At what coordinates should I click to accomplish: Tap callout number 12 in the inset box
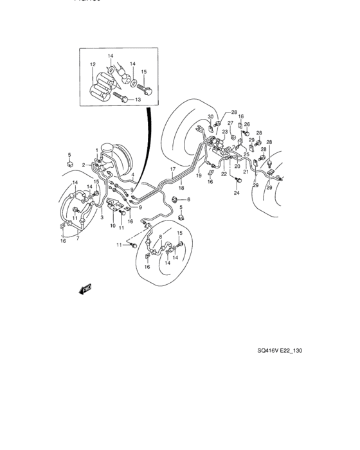(x=93, y=64)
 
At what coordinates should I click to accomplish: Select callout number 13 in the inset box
(x=136, y=100)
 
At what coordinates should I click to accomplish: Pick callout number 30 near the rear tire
(x=210, y=116)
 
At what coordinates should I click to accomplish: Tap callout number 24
(x=236, y=193)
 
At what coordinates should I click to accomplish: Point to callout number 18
(x=182, y=188)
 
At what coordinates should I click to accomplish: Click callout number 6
(x=188, y=199)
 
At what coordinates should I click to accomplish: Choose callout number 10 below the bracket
(x=112, y=226)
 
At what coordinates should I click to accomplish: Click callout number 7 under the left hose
(x=78, y=239)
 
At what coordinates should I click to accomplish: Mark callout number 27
(x=230, y=123)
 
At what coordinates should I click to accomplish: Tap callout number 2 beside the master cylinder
(x=83, y=165)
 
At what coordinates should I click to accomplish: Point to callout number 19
(x=199, y=175)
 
